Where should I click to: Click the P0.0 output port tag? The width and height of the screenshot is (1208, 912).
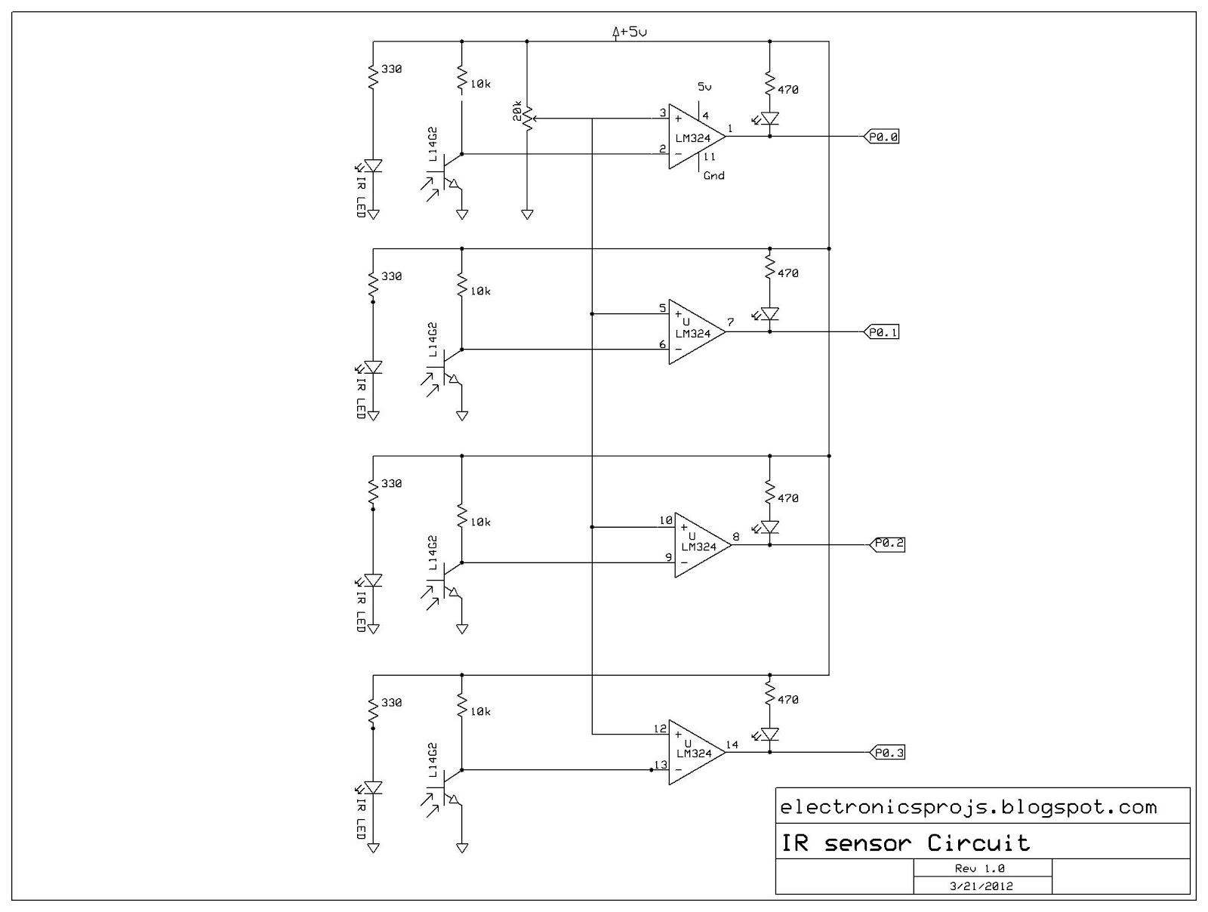tap(880, 137)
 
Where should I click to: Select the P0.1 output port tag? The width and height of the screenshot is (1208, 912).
tap(880, 331)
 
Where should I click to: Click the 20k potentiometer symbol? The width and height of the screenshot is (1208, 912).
tap(527, 118)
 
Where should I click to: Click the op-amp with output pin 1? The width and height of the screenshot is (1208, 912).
tap(695, 137)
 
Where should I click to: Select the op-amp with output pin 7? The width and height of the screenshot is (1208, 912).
tap(695, 331)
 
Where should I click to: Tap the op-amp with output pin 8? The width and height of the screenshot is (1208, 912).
tap(701, 544)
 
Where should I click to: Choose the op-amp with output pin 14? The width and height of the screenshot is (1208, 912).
tap(695, 753)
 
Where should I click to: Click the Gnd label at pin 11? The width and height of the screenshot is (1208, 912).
tap(713, 176)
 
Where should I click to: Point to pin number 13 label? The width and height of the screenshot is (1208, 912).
tap(661, 765)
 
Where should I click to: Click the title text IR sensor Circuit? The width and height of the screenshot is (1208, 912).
tap(905, 843)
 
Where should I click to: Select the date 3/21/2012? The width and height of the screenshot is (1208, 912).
tap(981, 886)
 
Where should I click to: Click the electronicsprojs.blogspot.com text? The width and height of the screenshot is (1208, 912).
tap(968, 808)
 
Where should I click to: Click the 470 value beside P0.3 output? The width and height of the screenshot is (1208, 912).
tap(787, 700)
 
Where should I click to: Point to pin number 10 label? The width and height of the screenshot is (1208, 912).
tap(665, 520)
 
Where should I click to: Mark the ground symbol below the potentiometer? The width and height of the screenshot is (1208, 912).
tap(527, 214)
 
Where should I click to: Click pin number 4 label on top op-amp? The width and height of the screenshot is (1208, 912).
tap(705, 116)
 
